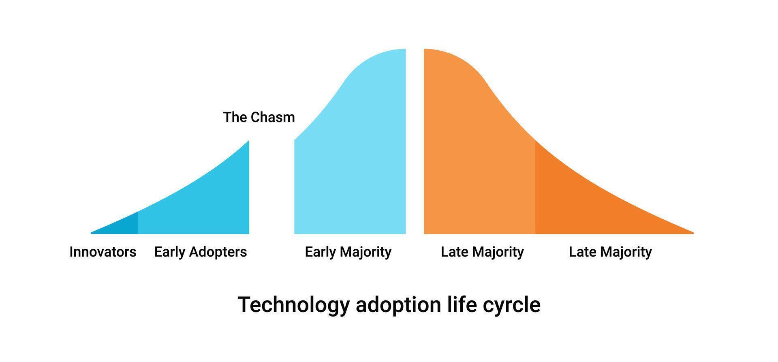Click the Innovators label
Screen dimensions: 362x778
pos(103,252)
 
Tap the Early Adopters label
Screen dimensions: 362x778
pos(201,252)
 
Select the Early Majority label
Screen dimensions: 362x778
pos(348,252)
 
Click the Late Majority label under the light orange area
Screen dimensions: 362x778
pos(482,252)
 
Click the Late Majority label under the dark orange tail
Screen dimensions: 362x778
pos(610,252)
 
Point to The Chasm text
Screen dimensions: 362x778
pos(259,117)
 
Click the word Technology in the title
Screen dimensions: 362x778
pos(294,305)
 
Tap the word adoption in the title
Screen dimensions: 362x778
pos(398,305)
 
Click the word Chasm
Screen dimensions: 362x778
pos(273,117)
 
